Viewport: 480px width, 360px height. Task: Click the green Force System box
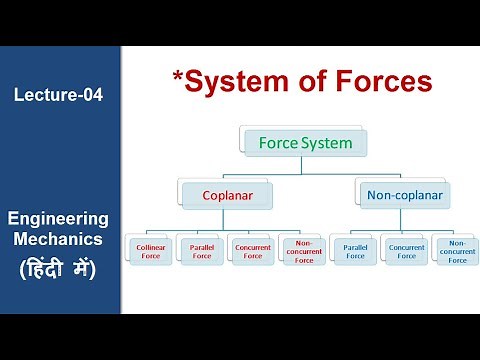[x=305, y=143]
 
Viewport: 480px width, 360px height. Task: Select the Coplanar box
[x=227, y=194]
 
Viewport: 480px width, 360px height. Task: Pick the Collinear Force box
[x=150, y=249]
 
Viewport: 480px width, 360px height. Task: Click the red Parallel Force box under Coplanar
[x=201, y=249]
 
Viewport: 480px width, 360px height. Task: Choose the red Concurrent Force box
[x=252, y=249]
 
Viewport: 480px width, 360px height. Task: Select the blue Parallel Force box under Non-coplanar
[x=354, y=249]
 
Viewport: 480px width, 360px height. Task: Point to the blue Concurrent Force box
[x=405, y=249]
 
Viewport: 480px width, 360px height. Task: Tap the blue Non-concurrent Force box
[x=456, y=250]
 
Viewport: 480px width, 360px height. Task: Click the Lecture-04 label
[x=58, y=95]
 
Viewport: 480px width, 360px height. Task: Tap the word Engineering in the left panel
[x=58, y=218]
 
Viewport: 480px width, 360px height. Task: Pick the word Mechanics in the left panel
[x=58, y=241]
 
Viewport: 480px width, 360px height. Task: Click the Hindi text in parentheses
[x=58, y=268]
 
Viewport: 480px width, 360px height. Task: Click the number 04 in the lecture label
[x=90, y=95]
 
